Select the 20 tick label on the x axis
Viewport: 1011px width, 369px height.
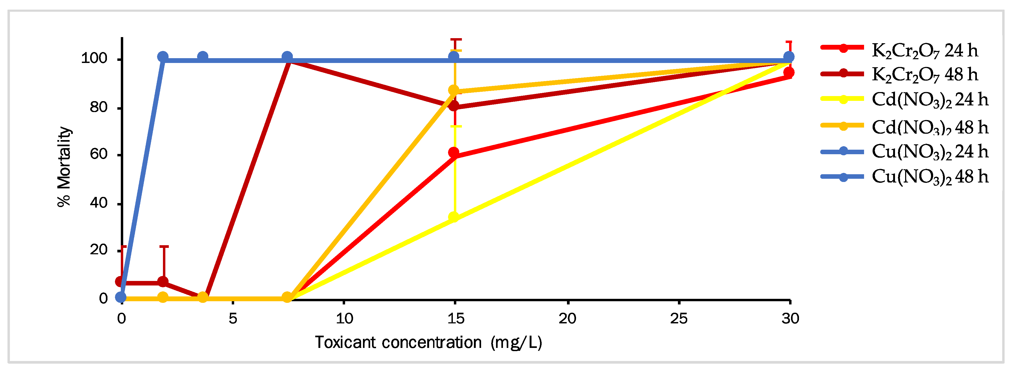[568, 318]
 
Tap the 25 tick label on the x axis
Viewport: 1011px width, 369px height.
[679, 318]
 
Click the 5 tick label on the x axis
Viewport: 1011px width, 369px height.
[233, 318]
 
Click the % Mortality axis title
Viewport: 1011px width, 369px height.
[64, 166]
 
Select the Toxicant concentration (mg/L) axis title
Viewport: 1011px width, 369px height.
[428, 343]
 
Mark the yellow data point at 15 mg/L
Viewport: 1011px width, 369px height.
[454, 217]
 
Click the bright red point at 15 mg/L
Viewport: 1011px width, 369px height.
[454, 152]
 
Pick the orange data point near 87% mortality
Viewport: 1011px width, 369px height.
[454, 90]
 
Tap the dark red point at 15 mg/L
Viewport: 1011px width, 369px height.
[454, 106]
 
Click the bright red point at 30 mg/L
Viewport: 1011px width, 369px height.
[789, 73]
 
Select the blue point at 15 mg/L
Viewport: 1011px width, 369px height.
[454, 57]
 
